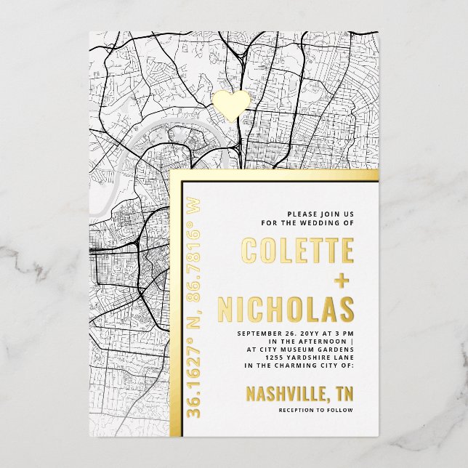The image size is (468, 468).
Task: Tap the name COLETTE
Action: pyautogui.click(x=297, y=251)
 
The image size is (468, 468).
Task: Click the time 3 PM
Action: pyautogui.click(x=344, y=334)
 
